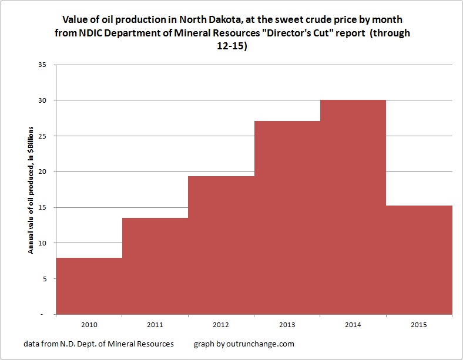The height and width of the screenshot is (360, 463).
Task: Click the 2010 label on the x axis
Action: [89, 324]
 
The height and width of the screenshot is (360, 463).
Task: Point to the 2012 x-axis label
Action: [221, 324]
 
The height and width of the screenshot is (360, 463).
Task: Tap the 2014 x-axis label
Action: [353, 324]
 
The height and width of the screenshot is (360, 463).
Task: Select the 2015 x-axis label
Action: [419, 324]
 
